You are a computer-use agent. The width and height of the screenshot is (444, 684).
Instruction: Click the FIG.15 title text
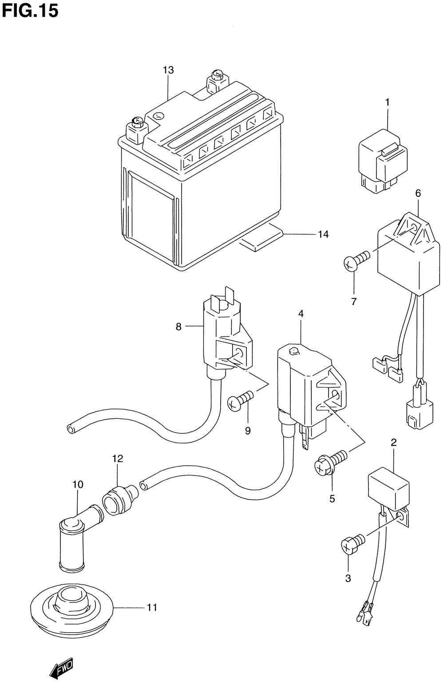coord(30,11)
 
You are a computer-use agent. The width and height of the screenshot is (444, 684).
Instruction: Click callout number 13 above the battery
coord(168,70)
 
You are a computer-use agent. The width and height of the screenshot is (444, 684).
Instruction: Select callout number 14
coord(323,234)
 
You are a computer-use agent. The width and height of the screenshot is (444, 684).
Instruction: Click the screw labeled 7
coord(356,259)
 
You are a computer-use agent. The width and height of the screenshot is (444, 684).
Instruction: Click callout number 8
coord(179,327)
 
